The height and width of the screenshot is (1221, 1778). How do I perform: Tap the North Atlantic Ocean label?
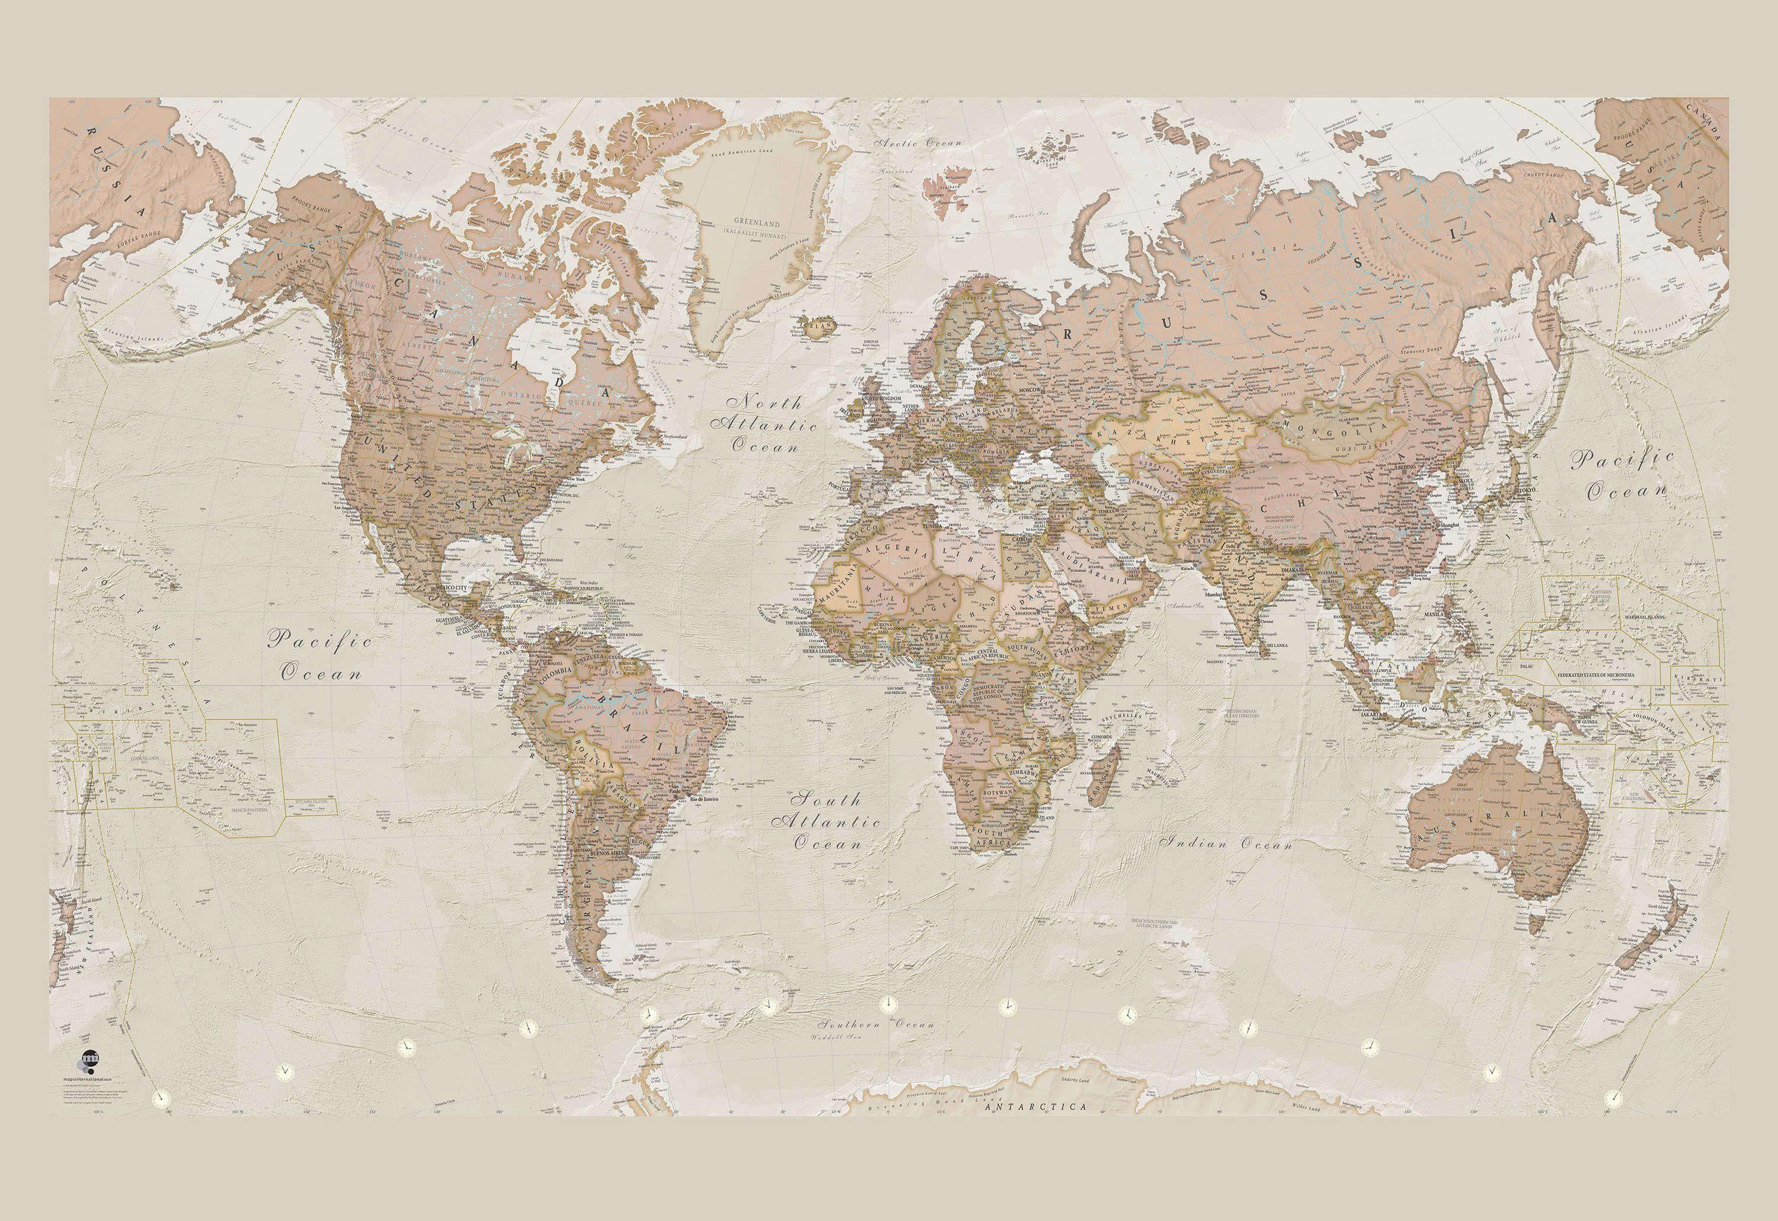click(x=763, y=424)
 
